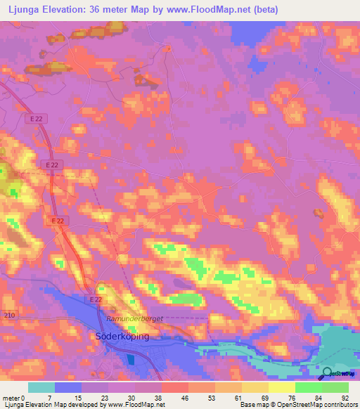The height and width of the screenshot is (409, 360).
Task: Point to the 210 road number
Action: point(8,314)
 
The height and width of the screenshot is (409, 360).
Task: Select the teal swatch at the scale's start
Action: point(41,387)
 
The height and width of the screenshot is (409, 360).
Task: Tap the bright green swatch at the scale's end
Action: point(335,387)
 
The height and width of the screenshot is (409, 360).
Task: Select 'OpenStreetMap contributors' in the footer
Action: point(319,405)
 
